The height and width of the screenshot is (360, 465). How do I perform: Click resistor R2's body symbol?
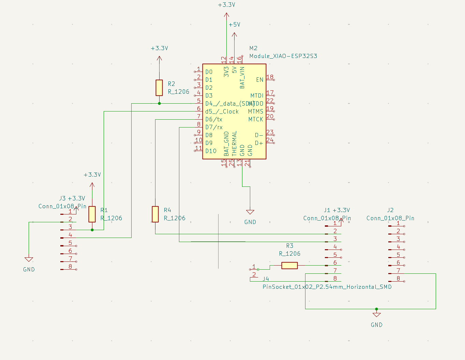(x=159, y=88)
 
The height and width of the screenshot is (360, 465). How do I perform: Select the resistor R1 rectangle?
(x=92, y=214)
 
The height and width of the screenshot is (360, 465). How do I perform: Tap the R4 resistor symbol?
(x=155, y=214)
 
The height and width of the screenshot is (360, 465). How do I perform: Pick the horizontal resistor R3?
(x=289, y=265)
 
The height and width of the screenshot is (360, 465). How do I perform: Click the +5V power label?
(x=234, y=25)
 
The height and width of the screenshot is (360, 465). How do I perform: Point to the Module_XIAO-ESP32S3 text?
(x=283, y=56)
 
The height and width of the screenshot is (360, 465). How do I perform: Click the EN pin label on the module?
(x=259, y=80)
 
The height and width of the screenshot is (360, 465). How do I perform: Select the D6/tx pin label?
(x=214, y=119)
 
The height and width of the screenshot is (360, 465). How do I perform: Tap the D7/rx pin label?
(x=214, y=127)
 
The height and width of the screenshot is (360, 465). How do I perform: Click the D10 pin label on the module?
(x=211, y=151)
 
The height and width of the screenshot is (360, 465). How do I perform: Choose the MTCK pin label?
(x=256, y=119)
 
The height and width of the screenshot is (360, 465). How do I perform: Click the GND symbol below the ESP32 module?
(x=250, y=212)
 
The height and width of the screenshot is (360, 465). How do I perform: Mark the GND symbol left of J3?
(x=29, y=260)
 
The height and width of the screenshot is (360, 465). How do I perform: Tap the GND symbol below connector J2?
(x=376, y=315)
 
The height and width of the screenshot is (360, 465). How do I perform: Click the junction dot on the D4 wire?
(x=159, y=103)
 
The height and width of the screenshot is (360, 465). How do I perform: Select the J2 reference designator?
(x=390, y=210)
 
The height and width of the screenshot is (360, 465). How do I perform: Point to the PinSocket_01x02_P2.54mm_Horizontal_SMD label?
(x=327, y=287)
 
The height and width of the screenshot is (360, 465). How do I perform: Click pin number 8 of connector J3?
(x=70, y=267)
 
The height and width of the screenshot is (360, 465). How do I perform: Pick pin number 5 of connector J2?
(x=398, y=255)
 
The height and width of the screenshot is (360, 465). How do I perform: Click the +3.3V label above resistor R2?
(x=159, y=48)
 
